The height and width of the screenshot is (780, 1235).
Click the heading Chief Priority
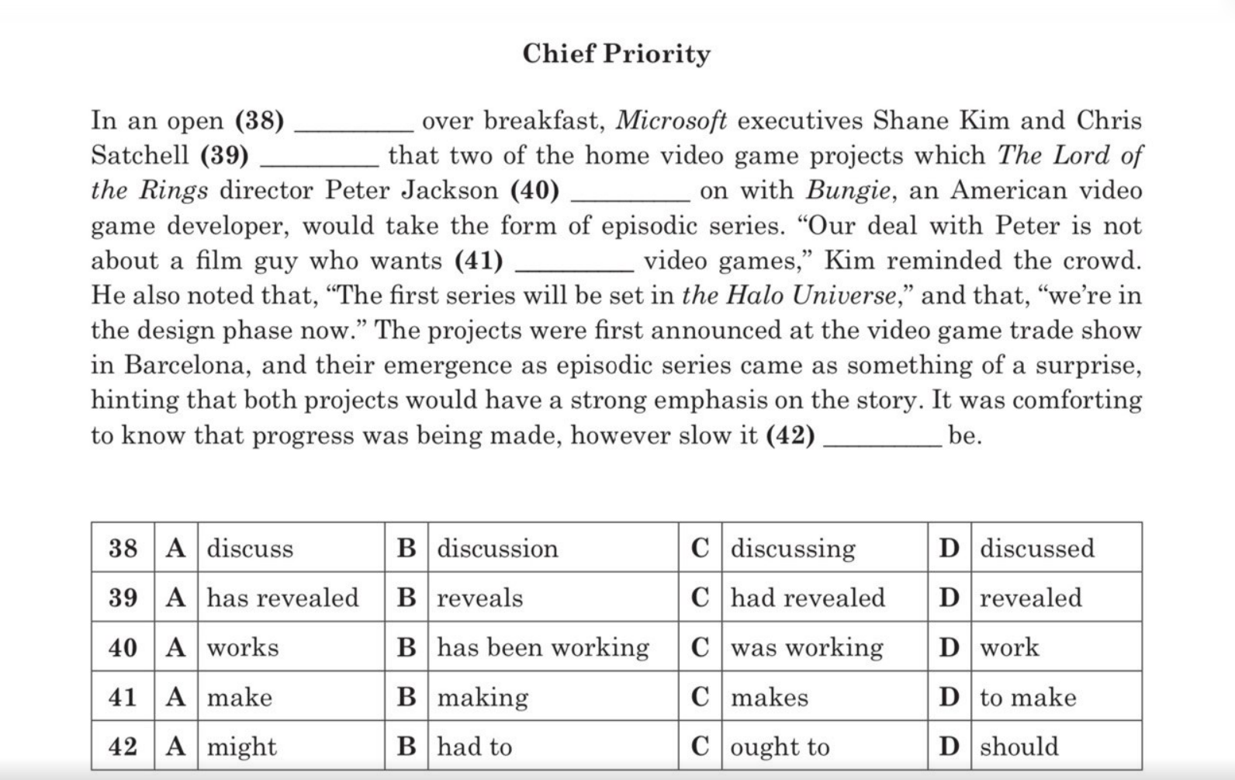(616, 54)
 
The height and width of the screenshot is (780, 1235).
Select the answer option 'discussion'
(497, 549)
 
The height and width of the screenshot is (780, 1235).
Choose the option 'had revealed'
(808, 598)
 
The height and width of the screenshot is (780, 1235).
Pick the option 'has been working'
(543, 647)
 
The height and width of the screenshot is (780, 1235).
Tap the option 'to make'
(1028, 697)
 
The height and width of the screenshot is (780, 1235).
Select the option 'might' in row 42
(241, 747)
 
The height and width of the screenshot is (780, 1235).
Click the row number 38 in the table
(123, 548)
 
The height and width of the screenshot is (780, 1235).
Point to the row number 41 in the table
(123, 697)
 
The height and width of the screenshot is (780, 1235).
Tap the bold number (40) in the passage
(534, 190)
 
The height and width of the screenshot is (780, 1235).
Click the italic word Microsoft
(671, 120)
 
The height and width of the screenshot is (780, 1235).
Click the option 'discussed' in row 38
(1037, 549)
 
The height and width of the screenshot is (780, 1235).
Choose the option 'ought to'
(780, 747)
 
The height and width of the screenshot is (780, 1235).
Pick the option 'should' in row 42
(1019, 747)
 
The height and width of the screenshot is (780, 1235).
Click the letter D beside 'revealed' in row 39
(949, 598)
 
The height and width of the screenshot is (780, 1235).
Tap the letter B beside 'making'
(406, 697)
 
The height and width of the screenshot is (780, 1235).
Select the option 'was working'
(807, 647)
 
